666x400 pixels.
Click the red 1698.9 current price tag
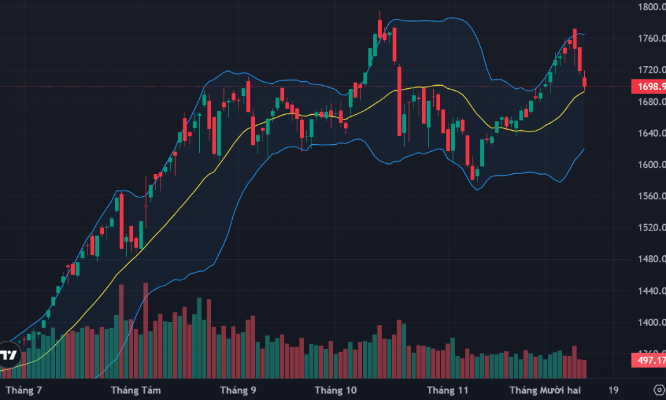(x=648, y=86)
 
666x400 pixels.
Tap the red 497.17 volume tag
(x=648, y=361)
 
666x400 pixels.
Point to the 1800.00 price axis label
(x=651, y=8)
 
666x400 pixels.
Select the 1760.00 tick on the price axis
(x=651, y=39)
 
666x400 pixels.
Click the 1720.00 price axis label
(x=651, y=70)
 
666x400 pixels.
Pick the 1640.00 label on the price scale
(x=651, y=133)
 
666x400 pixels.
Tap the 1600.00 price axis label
(x=651, y=165)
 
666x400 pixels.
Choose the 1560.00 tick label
(x=651, y=196)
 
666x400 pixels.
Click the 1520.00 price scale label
(x=651, y=227)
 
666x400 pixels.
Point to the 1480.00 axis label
(x=651, y=259)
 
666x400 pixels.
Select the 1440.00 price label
(x=651, y=291)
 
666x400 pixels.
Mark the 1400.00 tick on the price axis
(x=651, y=323)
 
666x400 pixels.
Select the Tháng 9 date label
(x=238, y=389)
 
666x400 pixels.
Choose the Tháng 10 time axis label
(x=336, y=389)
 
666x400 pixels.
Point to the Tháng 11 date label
(x=447, y=389)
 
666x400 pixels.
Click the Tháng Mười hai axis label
(x=545, y=389)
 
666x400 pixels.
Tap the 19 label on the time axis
(x=613, y=389)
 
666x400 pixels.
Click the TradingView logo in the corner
(x=8, y=356)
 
